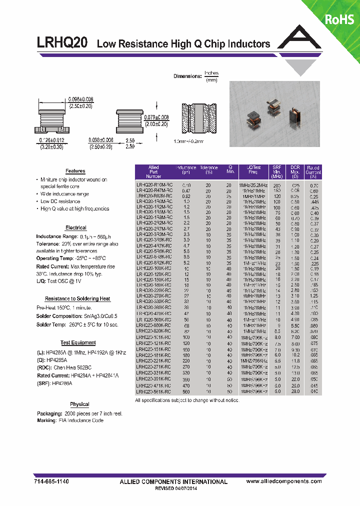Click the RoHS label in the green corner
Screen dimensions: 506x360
(340, 19)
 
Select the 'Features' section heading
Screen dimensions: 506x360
(75, 171)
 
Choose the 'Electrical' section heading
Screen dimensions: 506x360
(75, 228)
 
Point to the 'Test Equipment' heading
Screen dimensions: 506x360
(78, 343)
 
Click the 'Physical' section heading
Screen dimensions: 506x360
(79, 404)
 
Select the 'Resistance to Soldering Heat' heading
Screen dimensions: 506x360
(78, 299)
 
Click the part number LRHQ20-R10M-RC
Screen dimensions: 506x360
(154, 185)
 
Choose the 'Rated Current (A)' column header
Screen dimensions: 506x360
(313, 171)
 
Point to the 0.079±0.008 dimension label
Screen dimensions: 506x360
(157, 117)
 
